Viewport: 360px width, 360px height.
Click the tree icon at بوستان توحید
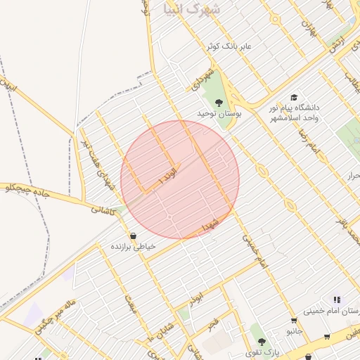(x=219, y=103)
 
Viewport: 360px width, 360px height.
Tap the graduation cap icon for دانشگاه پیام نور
(x=294, y=98)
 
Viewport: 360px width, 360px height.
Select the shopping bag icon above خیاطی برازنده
(x=133, y=236)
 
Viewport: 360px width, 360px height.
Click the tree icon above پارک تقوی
(x=262, y=341)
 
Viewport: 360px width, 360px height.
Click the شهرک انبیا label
(x=191, y=9)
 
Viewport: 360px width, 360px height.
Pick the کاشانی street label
(x=102, y=209)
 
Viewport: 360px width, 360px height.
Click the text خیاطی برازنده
(x=132, y=247)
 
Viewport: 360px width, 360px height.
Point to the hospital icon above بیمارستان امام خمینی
(x=336, y=300)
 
